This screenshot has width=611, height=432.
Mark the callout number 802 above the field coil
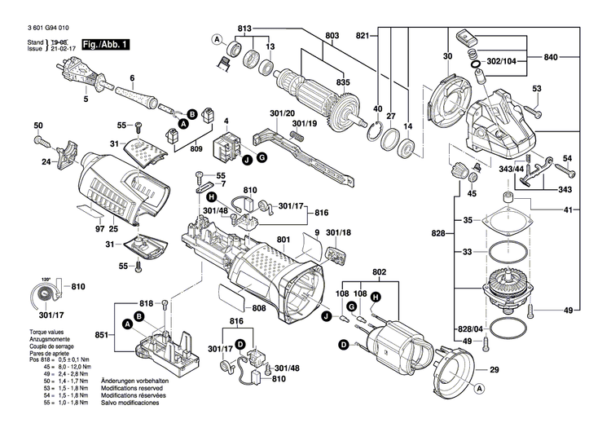(378, 271)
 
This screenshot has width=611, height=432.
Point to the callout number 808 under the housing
(259, 308)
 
